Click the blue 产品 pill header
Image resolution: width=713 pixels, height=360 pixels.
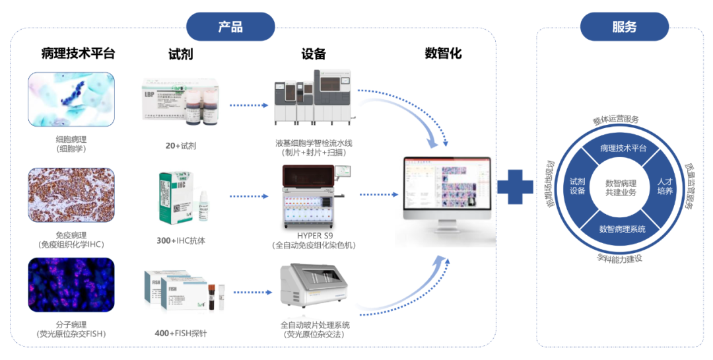230,27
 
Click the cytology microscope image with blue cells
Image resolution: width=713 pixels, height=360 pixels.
71,99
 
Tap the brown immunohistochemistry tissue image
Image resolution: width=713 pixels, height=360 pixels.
71,195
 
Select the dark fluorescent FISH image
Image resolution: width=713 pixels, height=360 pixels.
71,285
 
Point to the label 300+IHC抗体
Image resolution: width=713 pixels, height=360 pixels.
181,241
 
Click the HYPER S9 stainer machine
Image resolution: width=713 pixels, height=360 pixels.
314,196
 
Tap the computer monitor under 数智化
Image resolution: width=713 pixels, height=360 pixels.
448,192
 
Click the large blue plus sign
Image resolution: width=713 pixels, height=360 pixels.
515,187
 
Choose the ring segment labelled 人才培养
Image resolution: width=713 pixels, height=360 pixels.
665,187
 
